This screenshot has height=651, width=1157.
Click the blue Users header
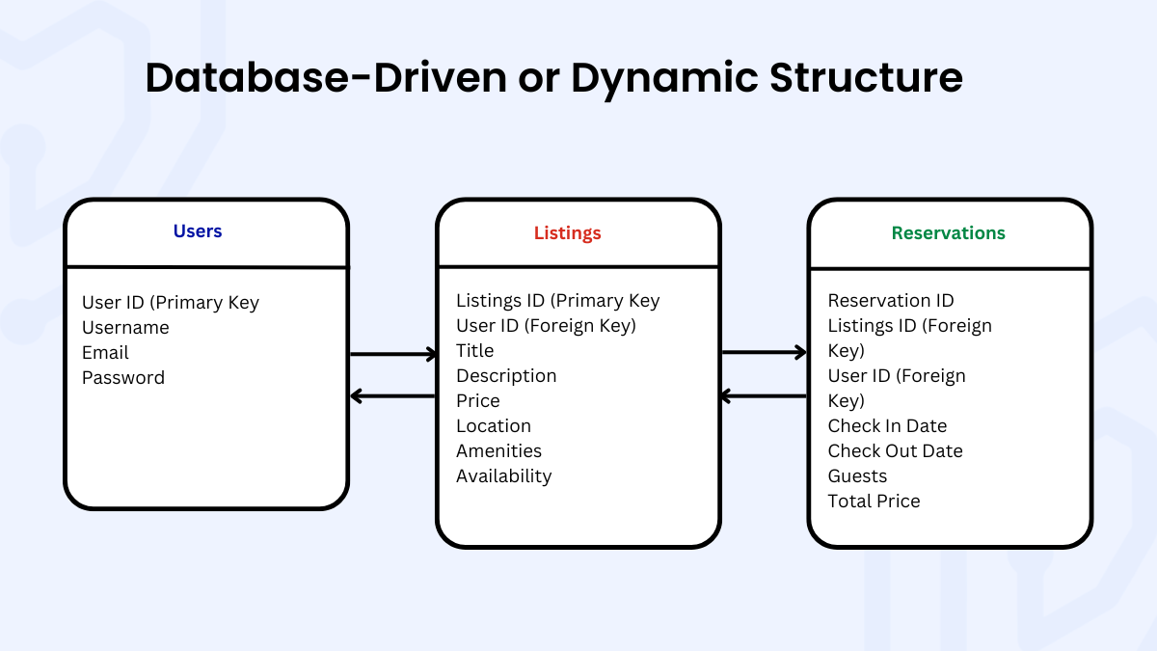coord(198,231)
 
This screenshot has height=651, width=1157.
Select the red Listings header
coord(568,233)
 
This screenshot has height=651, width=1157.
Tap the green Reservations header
coord(948,233)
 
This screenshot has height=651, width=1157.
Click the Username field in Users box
coord(125,328)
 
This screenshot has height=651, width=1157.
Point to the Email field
coord(105,353)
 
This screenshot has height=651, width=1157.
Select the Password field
coord(123,378)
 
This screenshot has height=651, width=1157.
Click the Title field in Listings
coord(474,351)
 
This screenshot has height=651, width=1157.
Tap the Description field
coord(506,376)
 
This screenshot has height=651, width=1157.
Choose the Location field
coord(494,426)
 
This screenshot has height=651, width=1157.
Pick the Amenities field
coord(498,451)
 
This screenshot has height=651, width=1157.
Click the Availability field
coord(503,476)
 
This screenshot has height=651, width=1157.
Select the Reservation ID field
coord(891,301)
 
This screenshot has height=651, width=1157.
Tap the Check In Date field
coord(887,426)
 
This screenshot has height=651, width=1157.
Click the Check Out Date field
coord(895,451)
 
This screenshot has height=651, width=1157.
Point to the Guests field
coord(857,476)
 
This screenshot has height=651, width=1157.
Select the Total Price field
coord(874,502)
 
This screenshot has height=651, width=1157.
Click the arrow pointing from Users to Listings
coord(393,355)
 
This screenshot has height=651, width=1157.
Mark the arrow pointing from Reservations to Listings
coord(764,396)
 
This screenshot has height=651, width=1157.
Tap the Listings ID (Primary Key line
coord(557,301)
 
